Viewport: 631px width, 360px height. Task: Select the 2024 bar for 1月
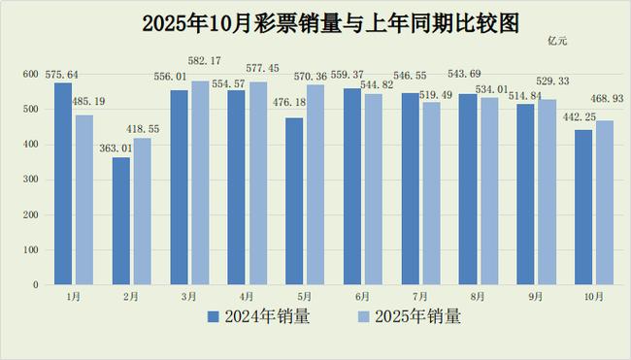coord(63,184)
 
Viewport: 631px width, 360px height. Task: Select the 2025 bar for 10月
coord(605,203)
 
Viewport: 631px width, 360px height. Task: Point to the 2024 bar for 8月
coord(467,190)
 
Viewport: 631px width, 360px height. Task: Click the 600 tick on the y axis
coord(29,75)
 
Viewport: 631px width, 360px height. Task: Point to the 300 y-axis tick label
coord(29,180)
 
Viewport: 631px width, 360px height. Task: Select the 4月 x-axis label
coord(248,297)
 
